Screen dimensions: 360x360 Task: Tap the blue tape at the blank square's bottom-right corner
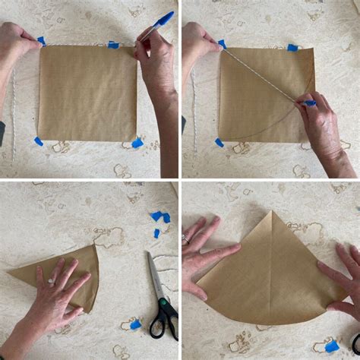coord(137,142)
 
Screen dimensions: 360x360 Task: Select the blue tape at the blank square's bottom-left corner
coord(38,141)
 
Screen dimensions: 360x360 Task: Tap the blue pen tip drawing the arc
coord(310,103)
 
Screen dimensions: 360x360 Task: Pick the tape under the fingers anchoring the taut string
coord(222,44)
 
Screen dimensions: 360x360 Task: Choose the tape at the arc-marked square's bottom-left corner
coord(219,142)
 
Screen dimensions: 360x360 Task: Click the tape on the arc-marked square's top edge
coord(292,48)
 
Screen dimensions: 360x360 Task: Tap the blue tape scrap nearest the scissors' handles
coord(135,324)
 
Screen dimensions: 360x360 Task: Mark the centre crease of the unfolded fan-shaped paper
coord(272,266)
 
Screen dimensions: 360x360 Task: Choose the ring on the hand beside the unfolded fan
coord(185,238)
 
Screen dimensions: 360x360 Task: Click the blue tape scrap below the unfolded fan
coord(331,346)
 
